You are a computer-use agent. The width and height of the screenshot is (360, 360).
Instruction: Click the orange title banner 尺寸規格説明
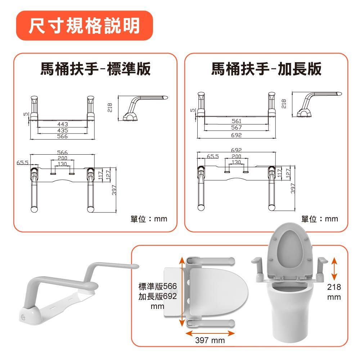(84, 26)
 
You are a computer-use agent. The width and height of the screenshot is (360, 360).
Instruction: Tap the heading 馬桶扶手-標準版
(95, 69)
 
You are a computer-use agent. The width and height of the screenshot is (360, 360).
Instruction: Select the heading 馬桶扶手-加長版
(266, 69)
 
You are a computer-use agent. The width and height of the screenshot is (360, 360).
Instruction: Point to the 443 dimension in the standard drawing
(63, 124)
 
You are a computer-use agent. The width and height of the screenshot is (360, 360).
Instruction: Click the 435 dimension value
(63, 131)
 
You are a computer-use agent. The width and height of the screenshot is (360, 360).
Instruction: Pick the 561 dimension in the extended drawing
(236, 121)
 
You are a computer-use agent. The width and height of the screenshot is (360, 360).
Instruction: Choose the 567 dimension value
(236, 127)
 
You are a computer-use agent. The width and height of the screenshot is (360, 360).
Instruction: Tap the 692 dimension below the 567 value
(236, 135)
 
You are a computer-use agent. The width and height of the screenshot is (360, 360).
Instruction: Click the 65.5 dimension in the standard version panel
(22, 163)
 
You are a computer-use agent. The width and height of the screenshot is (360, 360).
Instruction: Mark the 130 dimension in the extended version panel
(236, 162)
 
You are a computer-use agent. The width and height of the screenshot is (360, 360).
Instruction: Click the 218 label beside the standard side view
(110, 108)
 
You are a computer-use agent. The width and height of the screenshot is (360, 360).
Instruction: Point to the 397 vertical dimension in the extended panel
(293, 188)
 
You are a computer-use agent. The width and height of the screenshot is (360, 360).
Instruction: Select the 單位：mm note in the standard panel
(149, 219)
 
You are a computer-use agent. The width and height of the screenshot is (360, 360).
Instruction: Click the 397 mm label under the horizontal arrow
(210, 340)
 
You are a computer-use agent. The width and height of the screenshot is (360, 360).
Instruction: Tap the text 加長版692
(157, 296)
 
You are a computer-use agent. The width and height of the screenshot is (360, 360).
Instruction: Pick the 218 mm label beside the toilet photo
(334, 292)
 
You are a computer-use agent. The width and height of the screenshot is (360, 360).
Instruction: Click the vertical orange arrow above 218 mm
(334, 269)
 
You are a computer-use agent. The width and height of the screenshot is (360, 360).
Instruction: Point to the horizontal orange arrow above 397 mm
(210, 333)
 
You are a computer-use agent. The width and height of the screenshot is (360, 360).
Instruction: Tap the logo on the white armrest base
(23, 318)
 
